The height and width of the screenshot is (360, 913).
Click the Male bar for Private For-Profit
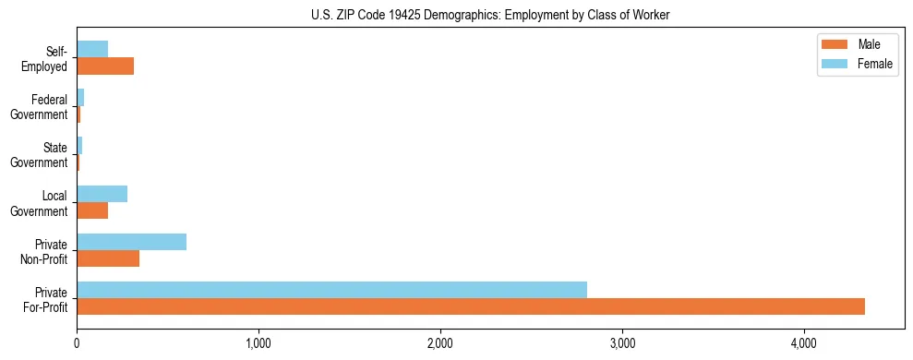point(471,306)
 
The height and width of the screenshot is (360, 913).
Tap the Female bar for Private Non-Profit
point(131,242)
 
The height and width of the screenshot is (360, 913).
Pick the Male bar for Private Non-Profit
point(108,258)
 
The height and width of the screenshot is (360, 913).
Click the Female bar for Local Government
point(102,194)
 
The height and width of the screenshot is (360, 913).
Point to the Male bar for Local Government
point(92,210)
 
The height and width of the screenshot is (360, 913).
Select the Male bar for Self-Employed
point(105,66)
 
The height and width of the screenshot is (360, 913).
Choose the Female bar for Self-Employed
point(92,50)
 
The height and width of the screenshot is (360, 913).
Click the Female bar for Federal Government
point(80,98)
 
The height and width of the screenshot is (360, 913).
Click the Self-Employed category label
point(46,58)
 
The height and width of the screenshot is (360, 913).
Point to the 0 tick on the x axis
point(77,344)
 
